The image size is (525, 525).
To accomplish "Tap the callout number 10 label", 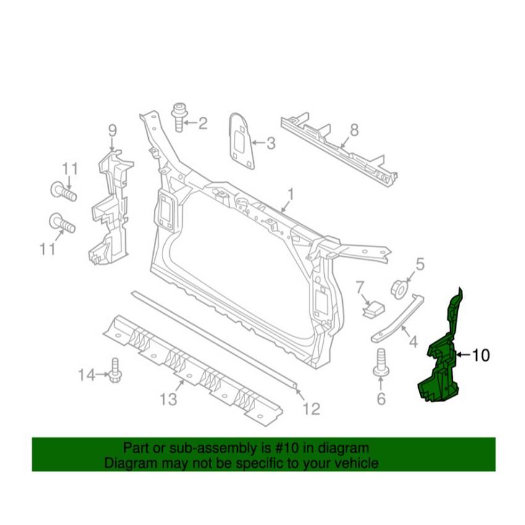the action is click(x=481, y=355).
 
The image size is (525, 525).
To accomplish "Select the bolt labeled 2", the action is click(x=180, y=118).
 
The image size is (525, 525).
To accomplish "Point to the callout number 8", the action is click(x=355, y=130).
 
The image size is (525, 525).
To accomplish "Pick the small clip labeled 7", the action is click(x=373, y=309).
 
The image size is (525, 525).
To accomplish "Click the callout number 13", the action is click(x=168, y=399).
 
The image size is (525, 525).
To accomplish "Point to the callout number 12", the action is click(x=311, y=409).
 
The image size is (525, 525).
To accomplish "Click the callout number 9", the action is click(x=112, y=130).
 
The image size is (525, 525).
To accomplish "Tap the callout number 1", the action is click(x=291, y=194).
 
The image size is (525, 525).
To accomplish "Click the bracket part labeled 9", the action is click(x=111, y=208).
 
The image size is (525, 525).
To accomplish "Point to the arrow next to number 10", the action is click(x=463, y=355).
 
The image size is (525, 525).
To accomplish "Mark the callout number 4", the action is click(x=414, y=342).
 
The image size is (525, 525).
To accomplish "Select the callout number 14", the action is click(x=86, y=375).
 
